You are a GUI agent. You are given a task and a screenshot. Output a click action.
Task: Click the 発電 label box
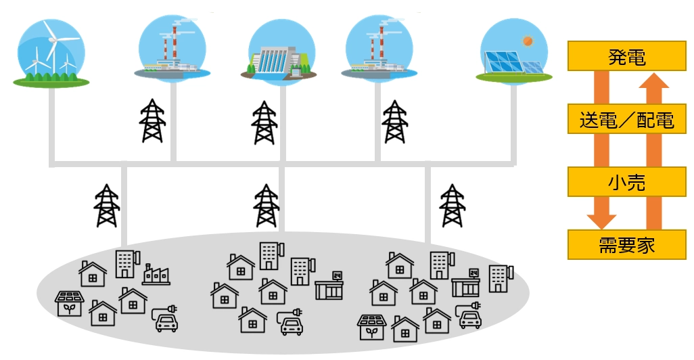click(627, 56)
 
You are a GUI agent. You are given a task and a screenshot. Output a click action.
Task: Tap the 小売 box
click(627, 181)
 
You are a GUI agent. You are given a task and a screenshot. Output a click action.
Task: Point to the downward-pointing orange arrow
click(601, 149)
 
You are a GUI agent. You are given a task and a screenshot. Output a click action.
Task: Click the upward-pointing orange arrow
click(653, 149)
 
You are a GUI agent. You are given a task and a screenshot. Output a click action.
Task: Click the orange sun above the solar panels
click(527, 41)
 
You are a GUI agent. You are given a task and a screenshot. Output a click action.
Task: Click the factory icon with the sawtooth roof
click(156, 275)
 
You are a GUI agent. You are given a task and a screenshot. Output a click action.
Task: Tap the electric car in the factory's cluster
click(166, 319)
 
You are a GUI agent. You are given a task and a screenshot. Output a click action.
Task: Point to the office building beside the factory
click(126, 265)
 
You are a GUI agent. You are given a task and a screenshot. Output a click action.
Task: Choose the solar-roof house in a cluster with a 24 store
click(372, 327)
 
